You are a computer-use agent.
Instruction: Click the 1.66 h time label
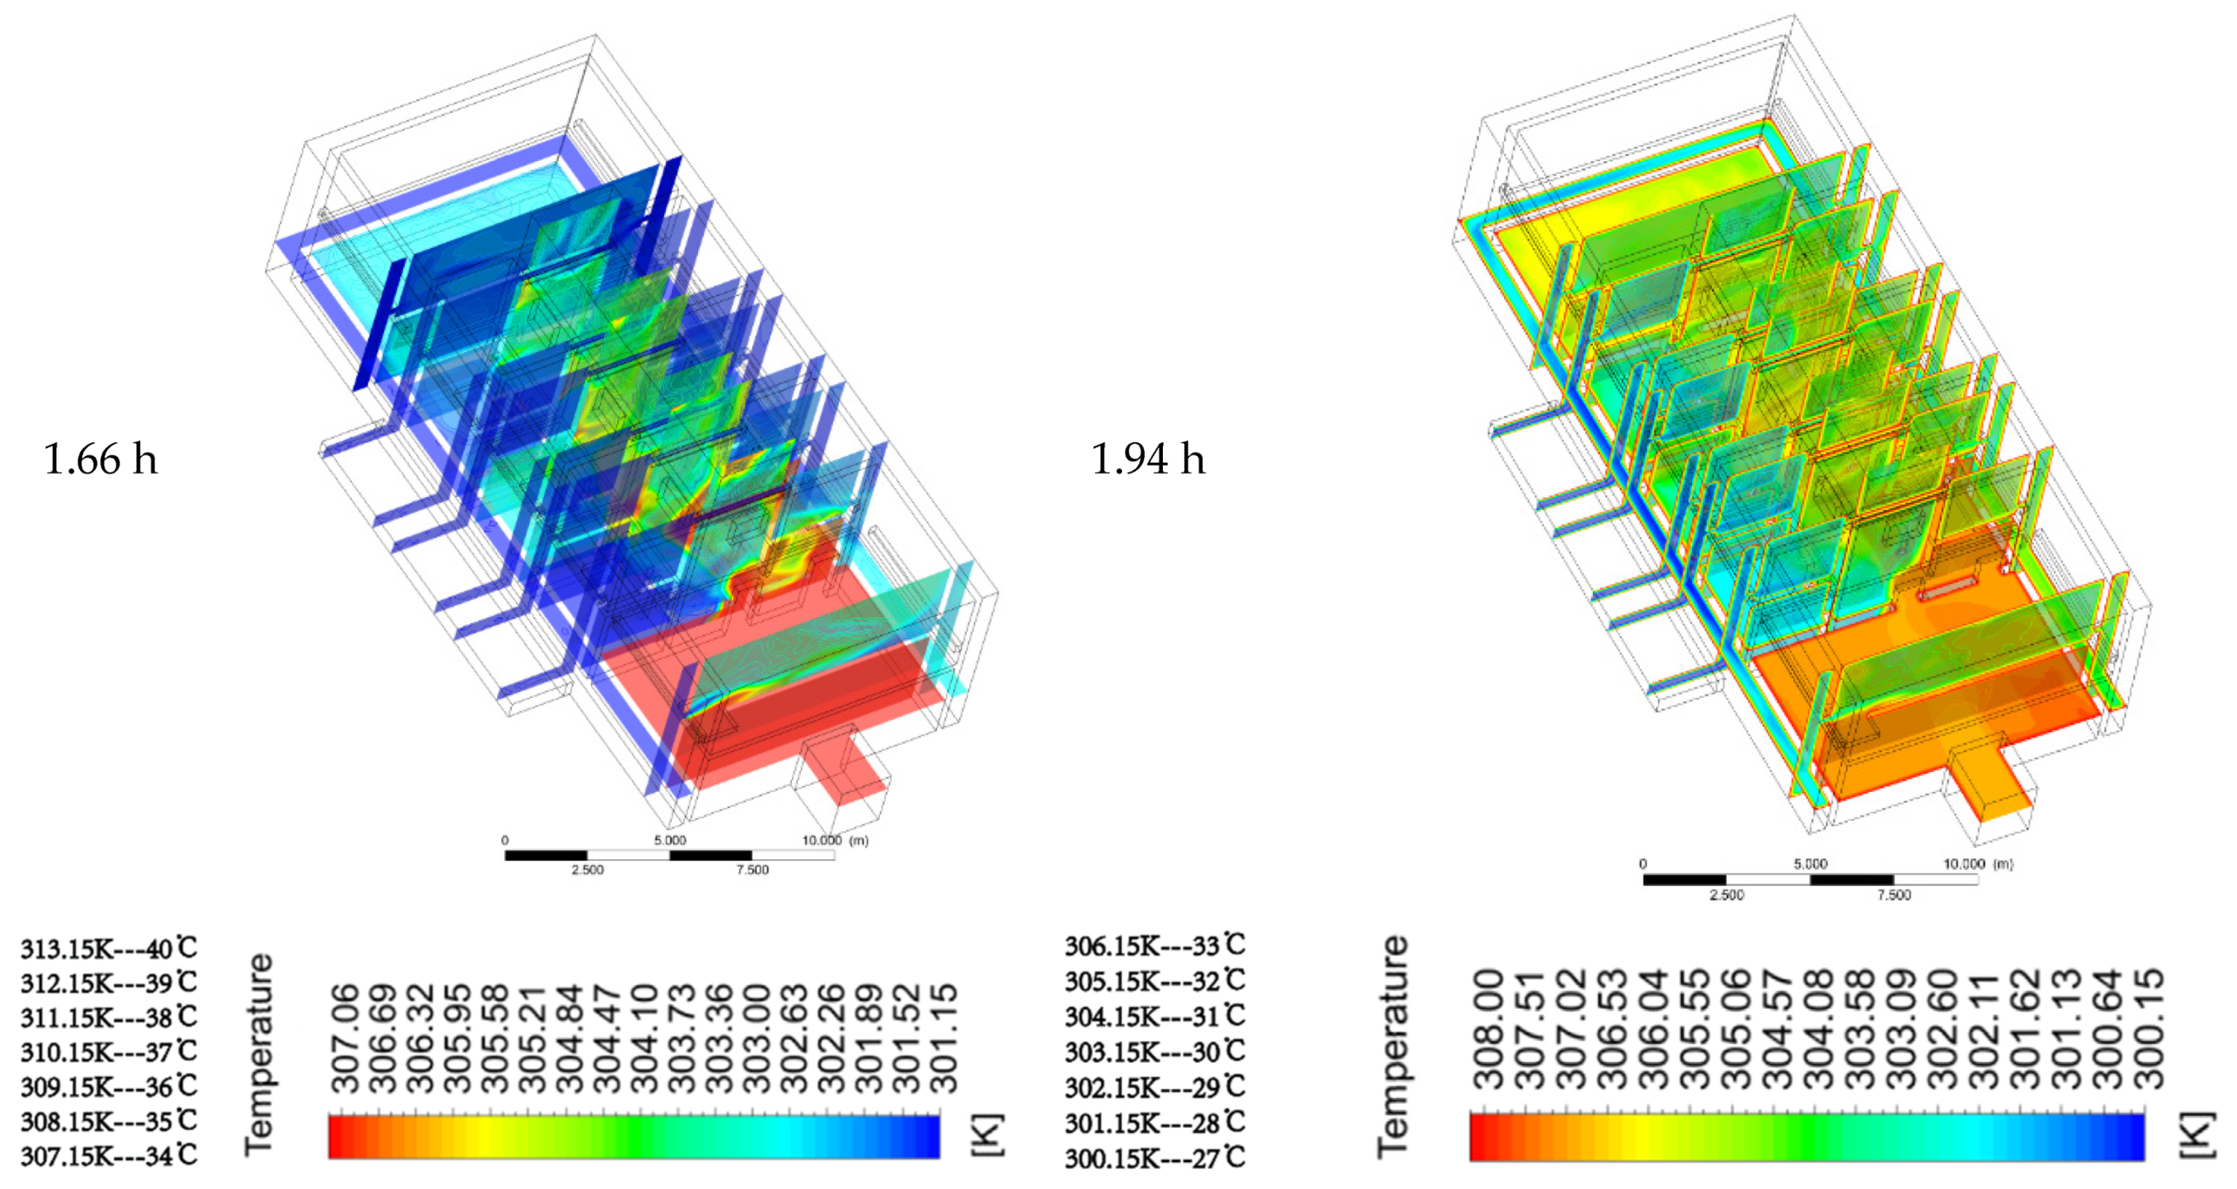pos(101,458)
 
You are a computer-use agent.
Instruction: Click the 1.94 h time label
pos(1148,458)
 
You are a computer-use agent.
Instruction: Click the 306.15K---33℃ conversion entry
pos(1155,945)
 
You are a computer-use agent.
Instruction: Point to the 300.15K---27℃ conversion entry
pos(1155,1157)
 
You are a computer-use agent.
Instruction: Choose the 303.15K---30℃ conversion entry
pos(1155,1051)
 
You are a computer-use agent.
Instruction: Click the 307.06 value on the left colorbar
pos(345,1038)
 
